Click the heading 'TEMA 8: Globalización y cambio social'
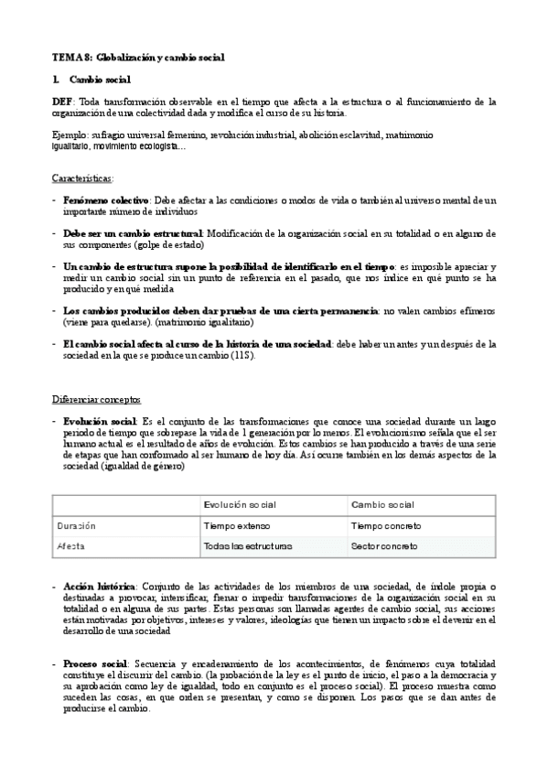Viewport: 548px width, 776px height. (x=138, y=58)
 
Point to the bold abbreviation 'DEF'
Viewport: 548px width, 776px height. (x=62, y=102)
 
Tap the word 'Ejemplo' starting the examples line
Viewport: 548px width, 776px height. (x=70, y=135)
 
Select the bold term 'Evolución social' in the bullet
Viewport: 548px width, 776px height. (x=101, y=420)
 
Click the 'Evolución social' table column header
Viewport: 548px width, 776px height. (x=240, y=504)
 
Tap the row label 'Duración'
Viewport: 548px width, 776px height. (x=76, y=525)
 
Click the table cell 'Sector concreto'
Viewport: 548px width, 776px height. (x=384, y=546)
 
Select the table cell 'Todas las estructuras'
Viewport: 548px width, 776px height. (x=248, y=546)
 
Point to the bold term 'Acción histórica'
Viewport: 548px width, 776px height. (x=99, y=585)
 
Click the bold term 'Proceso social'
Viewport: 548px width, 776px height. (x=96, y=662)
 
